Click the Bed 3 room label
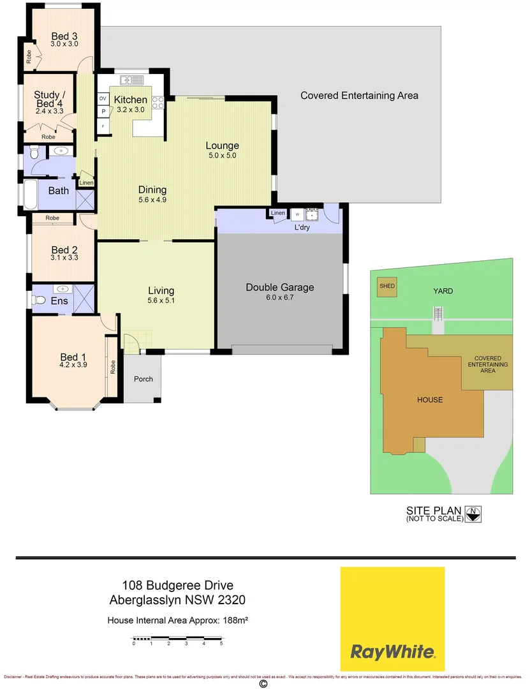pyautogui.click(x=64, y=36)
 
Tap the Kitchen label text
pyautogui.click(x=130, y=100)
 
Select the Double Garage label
pyautogui.click(x=279, y=287)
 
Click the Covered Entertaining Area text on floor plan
pyautogui.click(x=359, y=96)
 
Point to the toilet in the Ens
pyautogui.click(x=41, y=300)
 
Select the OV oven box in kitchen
pyautogui.click(x=103, y=98)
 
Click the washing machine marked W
pyautogui.click(x=297, y=215)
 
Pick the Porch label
pyautogui.click(x=144, y=379)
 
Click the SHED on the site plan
pyautogui.click(x=387, y=286)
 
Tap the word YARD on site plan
pyautogui.click(x=443, y=291)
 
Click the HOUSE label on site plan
pyautogui.click(x=429, y=400)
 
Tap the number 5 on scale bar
pyautogui.click(x=221, y=644)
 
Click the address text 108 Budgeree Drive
pyautogui.click(x=177, y=585)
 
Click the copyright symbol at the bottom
pyautogui.click(x=263, y=683)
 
